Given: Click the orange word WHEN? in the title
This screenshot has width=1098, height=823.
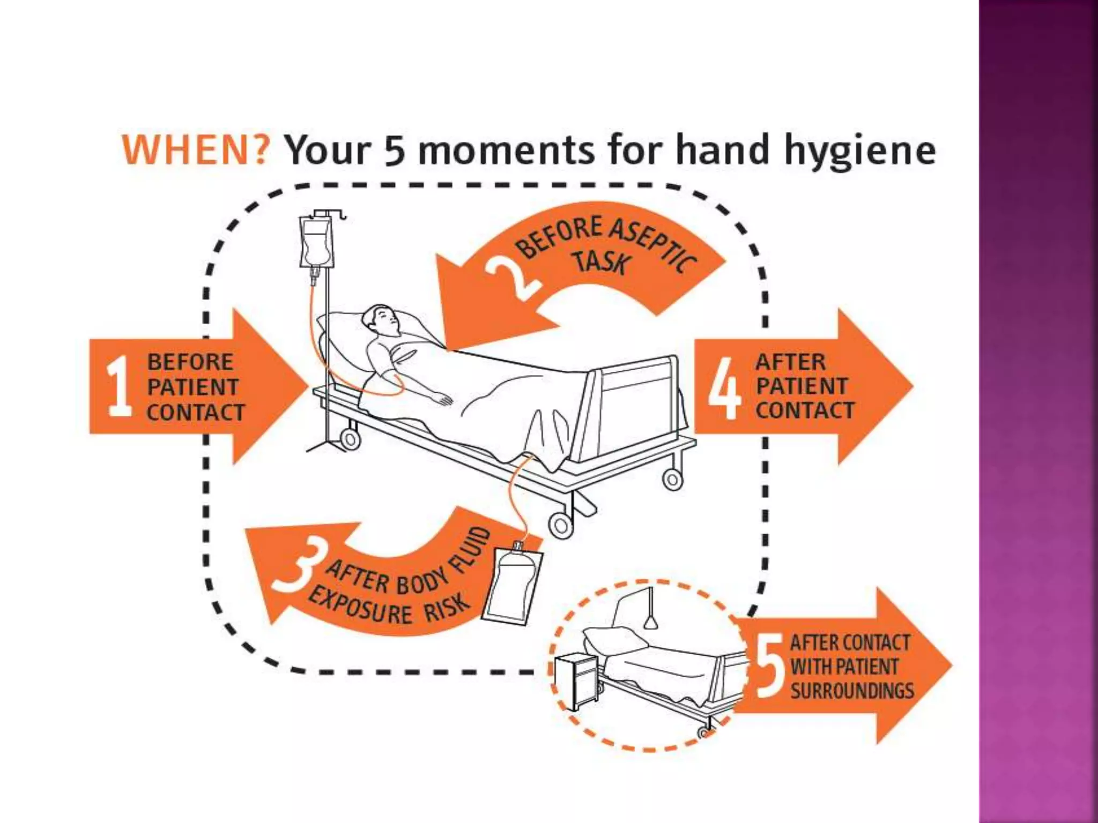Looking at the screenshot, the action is (195, 149).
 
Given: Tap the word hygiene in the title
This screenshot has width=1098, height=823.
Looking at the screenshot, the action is (860, 152).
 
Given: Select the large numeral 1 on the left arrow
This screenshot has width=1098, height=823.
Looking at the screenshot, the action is (119, 387).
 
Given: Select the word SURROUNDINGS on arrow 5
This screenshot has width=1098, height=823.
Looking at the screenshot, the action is (852, 691).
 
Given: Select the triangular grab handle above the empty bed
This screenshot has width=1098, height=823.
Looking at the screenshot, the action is (651, 622).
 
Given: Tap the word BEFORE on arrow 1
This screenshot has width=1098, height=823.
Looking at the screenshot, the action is (190, 362).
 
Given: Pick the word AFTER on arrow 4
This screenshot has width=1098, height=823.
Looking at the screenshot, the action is (791, 362).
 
